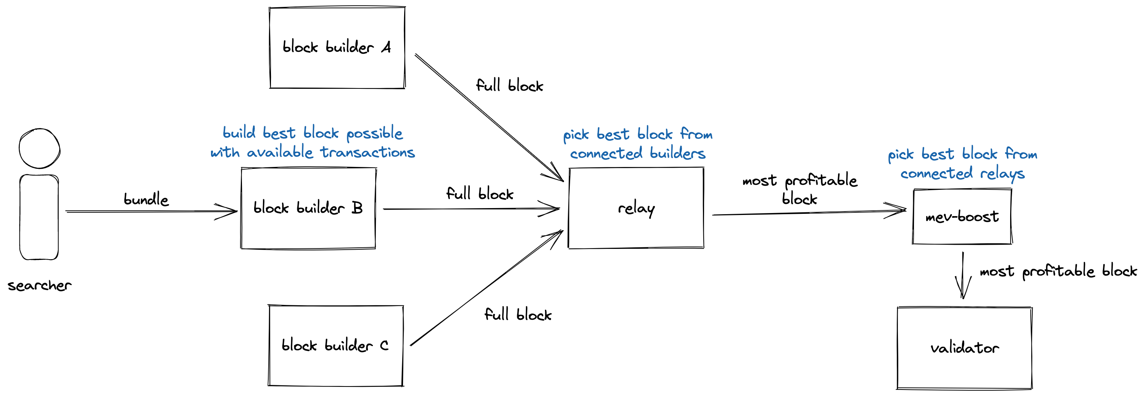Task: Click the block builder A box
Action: pos(337,48)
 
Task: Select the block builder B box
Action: pos(308,208)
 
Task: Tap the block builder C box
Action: pos(335,345)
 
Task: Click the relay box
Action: pos(636,208)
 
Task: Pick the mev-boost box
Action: pos(962,216)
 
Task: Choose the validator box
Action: pos(964,348)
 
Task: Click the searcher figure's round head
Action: pos(40,148)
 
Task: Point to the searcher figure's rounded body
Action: pos(39,217)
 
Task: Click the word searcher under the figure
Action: pos(39,285)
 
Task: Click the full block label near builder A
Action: pos(509,85)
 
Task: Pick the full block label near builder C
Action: pos(517,315)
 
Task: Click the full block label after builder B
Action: pos(479,194)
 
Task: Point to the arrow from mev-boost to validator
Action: pos(963,276)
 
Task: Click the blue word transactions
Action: pos(367,152)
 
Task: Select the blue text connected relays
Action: pos(962,173)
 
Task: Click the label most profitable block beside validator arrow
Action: pos(1058,271)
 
